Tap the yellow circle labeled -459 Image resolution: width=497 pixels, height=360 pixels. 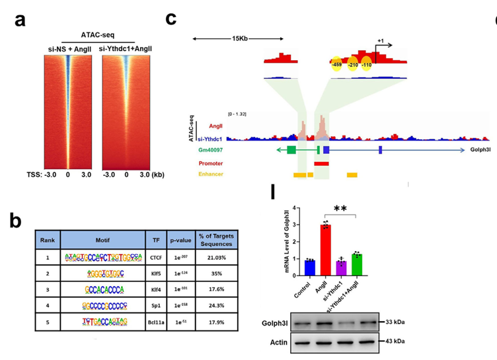coord(336,64)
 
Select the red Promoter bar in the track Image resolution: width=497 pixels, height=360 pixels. coord(322,162)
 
